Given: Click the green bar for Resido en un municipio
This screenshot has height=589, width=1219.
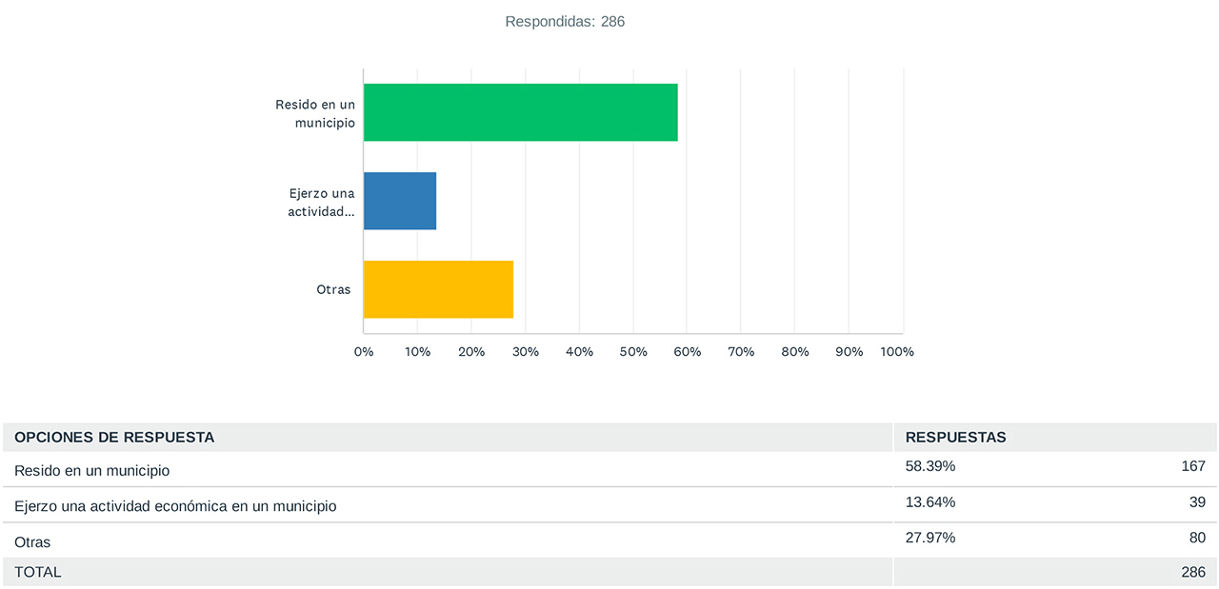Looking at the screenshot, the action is click(x=521, y=112).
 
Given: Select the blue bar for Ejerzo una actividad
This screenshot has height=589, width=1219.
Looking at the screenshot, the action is click(x=400, y=201).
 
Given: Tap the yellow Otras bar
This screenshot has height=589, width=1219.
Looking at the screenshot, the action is click(x=439, y=289).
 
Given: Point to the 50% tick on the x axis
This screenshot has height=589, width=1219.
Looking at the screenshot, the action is click(x=633, y=352).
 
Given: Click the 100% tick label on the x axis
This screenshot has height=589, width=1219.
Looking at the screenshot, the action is click(x=897, y=352).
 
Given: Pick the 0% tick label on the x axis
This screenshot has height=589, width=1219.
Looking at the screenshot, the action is click(x=364, y=352).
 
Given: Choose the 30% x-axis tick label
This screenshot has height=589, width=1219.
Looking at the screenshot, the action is click(x=525, y=352).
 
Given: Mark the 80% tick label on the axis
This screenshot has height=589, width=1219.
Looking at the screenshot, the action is click(x=795, y=352).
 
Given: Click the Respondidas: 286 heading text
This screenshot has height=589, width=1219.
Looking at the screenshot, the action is click(x=565, y=22).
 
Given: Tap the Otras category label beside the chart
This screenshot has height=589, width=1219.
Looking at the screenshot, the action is click(x=333, y=289).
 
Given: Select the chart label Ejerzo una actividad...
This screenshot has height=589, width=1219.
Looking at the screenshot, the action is click(x=321, y=203).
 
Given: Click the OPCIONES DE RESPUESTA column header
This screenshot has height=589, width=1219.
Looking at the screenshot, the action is click(x=114, y=438).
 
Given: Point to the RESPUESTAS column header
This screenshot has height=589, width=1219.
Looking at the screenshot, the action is click(x=955, y=438).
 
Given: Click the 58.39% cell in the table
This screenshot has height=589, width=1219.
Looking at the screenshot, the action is click(x=930, y=466).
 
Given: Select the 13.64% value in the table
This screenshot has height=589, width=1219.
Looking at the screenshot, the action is click(x=930, y=502).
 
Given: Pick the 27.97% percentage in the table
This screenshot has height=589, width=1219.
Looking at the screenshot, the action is click(x=930, y=538).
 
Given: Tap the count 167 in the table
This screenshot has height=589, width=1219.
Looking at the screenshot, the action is click(x=1193, y=466).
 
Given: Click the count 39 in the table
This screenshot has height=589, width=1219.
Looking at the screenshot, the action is click(x=1197, y=502).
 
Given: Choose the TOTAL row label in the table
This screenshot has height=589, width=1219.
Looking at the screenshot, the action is click(x=37, y=572).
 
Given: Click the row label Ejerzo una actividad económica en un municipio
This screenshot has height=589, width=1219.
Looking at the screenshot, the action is click(x=175, y=506).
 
